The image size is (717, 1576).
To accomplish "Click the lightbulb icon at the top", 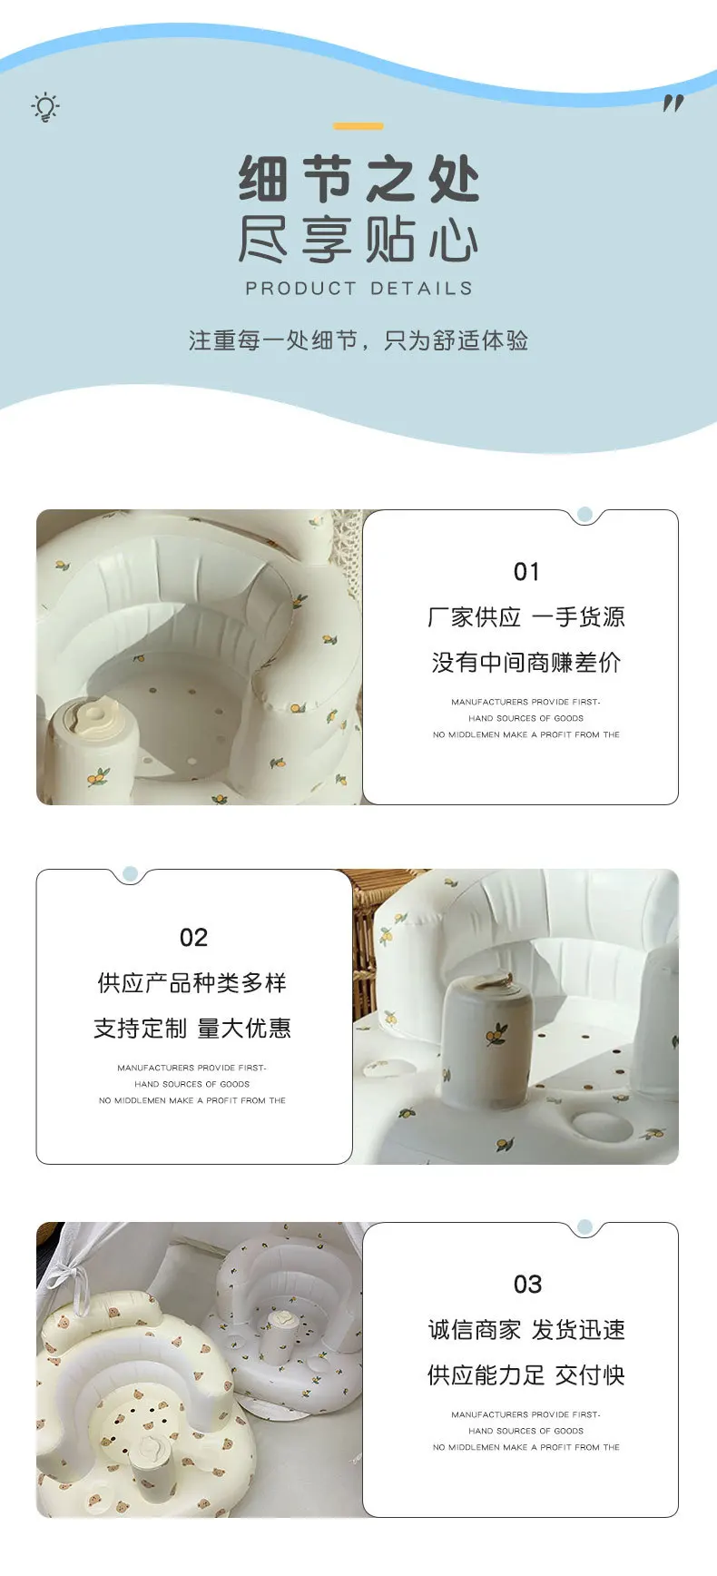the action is (45, 107).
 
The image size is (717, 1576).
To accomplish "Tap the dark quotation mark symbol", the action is (673, 103).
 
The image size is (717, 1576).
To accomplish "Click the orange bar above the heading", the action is (358, 126).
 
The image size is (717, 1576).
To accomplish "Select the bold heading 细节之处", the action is (358, 178).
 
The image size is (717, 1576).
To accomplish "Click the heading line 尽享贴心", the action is (358, 240).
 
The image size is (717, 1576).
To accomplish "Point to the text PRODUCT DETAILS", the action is (358, 289).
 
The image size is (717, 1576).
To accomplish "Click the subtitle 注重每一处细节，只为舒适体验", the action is (358, 340).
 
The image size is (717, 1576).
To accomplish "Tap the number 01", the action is (526, 572).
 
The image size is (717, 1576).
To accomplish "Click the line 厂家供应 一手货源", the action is (526, 617).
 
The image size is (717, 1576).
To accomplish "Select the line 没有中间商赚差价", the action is (526, 663).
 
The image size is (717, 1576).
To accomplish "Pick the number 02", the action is (193, 938).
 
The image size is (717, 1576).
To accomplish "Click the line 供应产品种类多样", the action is (192, 983).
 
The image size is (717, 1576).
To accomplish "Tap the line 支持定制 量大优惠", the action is (192, 1029).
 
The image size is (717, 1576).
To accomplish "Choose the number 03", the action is (527, 1285).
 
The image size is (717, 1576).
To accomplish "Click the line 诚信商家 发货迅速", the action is (526, 1330).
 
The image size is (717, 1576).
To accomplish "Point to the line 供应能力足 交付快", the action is (526, 1375).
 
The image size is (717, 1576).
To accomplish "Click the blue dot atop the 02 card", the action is (130, 874).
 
